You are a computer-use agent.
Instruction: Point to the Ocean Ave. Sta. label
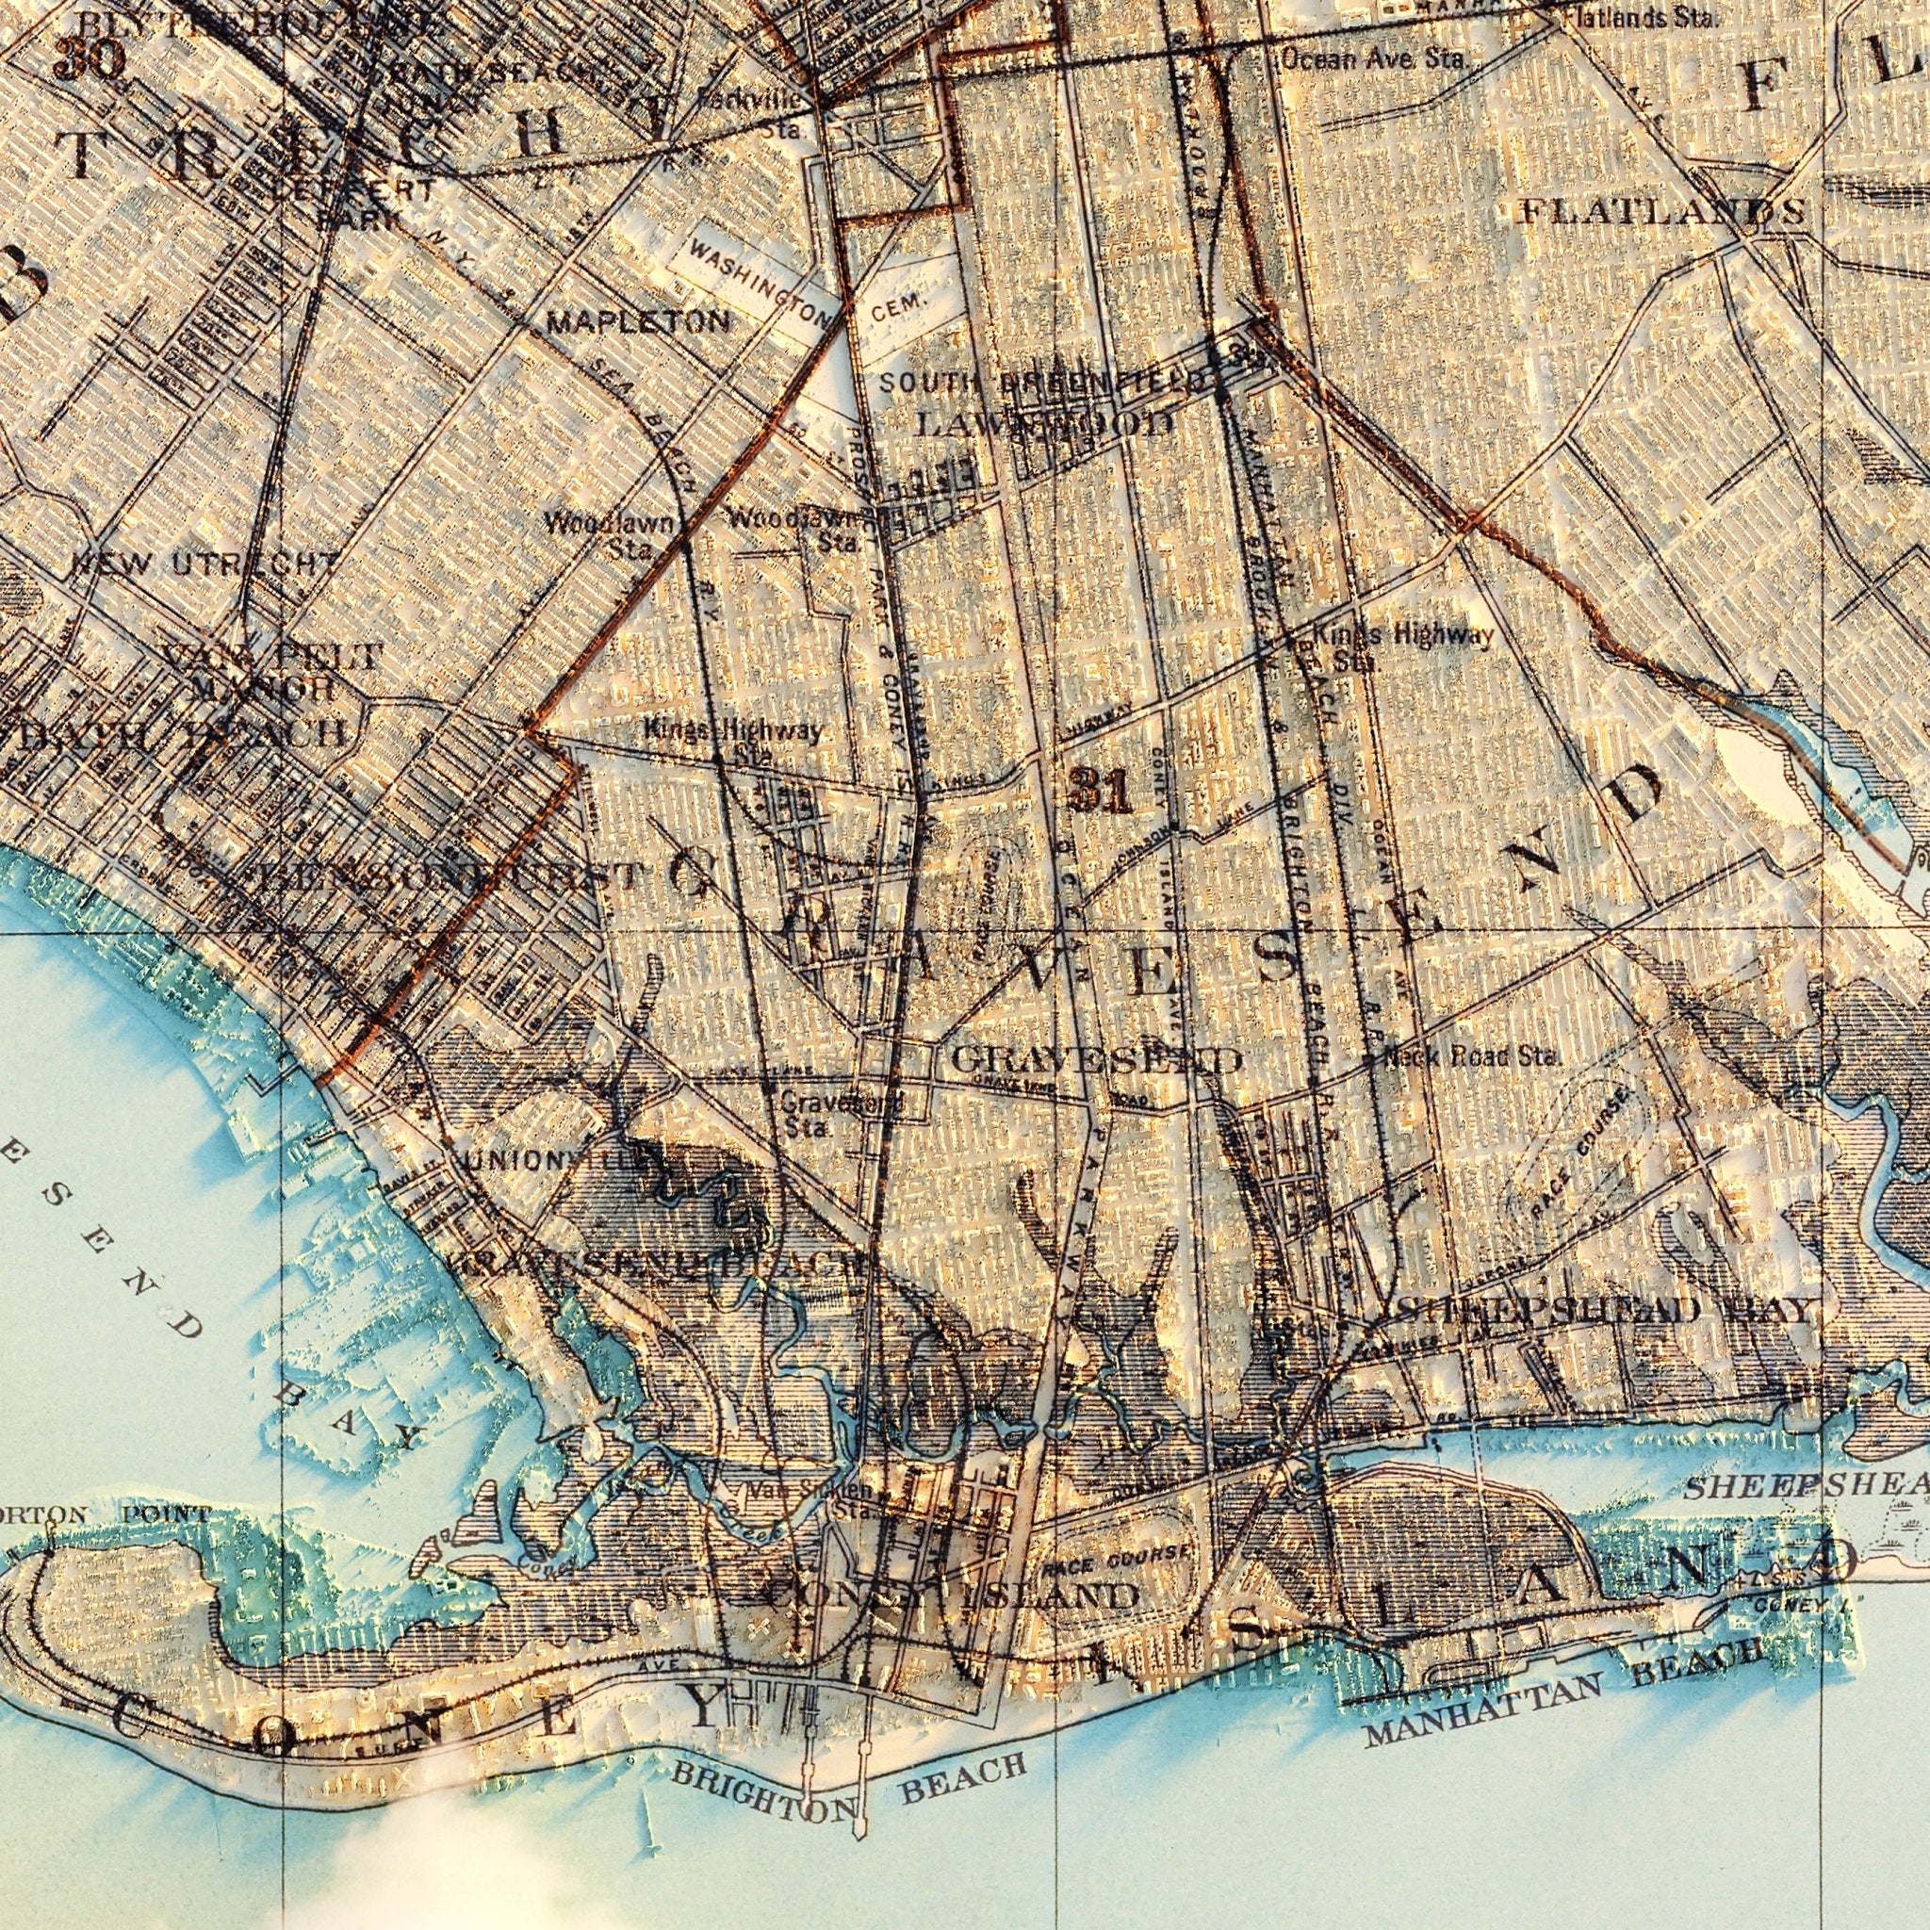click(x=1375, y=61)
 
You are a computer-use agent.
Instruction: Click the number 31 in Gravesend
click(x=1099, y=794)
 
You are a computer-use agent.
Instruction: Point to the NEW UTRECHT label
click(x=204, y=564)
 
